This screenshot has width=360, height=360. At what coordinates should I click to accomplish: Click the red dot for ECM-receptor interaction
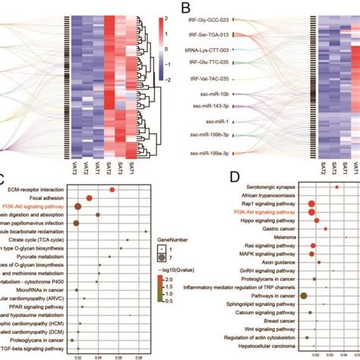click(x=112, y=190)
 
